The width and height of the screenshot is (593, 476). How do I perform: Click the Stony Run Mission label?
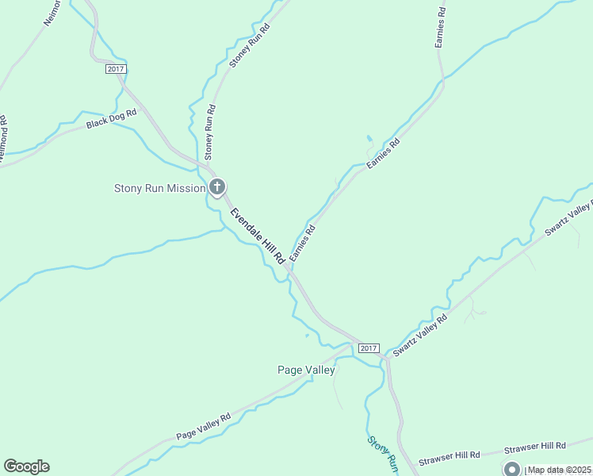(x=159, y=188)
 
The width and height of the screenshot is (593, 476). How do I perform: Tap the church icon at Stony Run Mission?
(x=217, y=187)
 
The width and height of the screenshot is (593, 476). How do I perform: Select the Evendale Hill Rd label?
(x=257, y=236)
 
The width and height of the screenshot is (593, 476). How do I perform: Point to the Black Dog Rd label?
(x=112, y=118)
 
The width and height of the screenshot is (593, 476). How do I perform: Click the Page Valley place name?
(x=306, y=370)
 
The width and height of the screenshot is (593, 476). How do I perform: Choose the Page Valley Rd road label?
(x=203, y=426)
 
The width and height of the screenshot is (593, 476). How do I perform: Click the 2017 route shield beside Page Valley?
(x=369, y=348)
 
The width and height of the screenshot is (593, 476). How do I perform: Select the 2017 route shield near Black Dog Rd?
(x=116, y=70)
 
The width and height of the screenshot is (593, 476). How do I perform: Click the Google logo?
(x=26, y=466)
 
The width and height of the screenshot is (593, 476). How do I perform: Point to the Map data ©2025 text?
(x=560, y=470)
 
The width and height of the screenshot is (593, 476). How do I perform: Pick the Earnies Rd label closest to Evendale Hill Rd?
(x=303, y=243)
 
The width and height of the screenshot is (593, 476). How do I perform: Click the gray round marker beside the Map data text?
(x=511, y=469)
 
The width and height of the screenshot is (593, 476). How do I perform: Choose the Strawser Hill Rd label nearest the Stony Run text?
(x=449, y=455)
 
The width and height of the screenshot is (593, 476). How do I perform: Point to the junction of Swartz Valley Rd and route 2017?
(x=385, y=357)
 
